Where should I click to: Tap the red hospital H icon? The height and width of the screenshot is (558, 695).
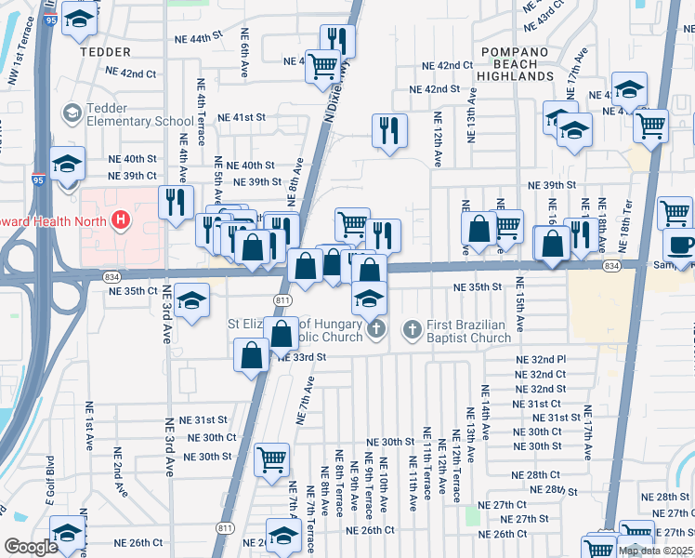[119, 220]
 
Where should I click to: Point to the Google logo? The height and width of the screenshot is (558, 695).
[31, 547]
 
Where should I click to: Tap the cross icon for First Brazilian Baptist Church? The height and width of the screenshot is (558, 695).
[413, 329]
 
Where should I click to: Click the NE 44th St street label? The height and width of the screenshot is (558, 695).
[200, 39]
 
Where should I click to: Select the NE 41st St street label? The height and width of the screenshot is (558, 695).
[242, 117]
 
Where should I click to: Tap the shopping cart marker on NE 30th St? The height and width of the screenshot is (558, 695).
[271, 458]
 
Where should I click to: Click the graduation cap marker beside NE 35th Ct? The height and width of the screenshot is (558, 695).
[192, 302]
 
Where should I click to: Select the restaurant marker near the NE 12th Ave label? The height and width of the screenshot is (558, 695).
[389, 129]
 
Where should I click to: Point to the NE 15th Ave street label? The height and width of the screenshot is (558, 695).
[519, 312]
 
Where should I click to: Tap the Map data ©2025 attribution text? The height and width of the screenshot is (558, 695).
[655, 551]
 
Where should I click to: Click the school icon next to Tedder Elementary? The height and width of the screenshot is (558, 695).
[72, 114]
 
